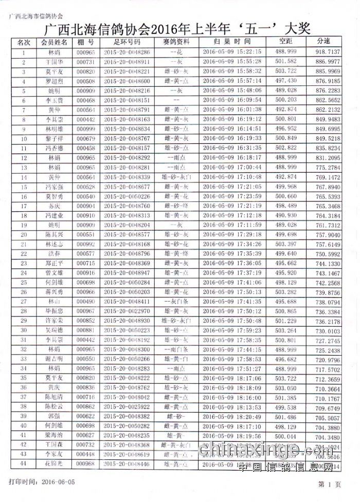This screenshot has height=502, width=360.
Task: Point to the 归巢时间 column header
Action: pos(233,41)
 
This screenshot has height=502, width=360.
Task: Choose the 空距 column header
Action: pos(285,41)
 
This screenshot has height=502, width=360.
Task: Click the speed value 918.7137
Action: pos(328,52)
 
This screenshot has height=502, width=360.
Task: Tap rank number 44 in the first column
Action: pos(24,464)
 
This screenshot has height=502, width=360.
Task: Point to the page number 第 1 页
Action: pos(330,484)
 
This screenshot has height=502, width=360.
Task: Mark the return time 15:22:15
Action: pos(248,52)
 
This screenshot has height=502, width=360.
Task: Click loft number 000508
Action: pos(85,81)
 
